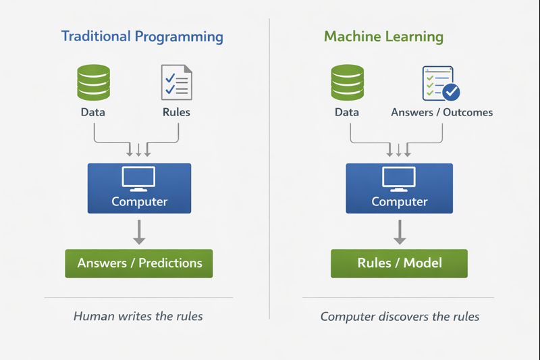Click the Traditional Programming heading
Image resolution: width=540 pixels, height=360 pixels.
[x=142, y=36]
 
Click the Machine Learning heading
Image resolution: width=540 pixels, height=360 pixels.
[x=383, y=36]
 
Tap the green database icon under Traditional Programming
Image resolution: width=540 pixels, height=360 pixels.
[x=93, y=82]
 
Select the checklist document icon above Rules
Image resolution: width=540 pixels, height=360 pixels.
[x=176, y=82]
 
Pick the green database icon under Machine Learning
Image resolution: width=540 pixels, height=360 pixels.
[x=347, y=82]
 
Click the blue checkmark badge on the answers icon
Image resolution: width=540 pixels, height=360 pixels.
[x=450, y=91]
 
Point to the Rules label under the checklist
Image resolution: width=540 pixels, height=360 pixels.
[x=176, y=112]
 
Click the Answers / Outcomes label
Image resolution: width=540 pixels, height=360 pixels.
[x=441, y=112]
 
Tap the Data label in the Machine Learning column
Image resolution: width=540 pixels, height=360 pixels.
[x=347, y=112]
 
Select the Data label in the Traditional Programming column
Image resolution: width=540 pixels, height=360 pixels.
[x=93, y=112]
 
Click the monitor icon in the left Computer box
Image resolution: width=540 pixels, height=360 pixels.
[x=139, y=178]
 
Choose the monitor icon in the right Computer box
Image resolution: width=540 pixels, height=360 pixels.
[x=399, y=178]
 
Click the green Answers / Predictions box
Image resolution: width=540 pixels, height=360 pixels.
[x=139, y=263]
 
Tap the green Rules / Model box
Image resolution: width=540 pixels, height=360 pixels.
[x=399, y=263]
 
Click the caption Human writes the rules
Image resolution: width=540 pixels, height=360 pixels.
[x=138, y=316]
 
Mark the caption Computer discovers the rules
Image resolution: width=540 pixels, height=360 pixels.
[x=400, y=316]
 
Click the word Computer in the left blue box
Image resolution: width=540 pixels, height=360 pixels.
[x=139, y=201]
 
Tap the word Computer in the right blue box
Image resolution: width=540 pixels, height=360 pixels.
[x=399, y=201]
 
